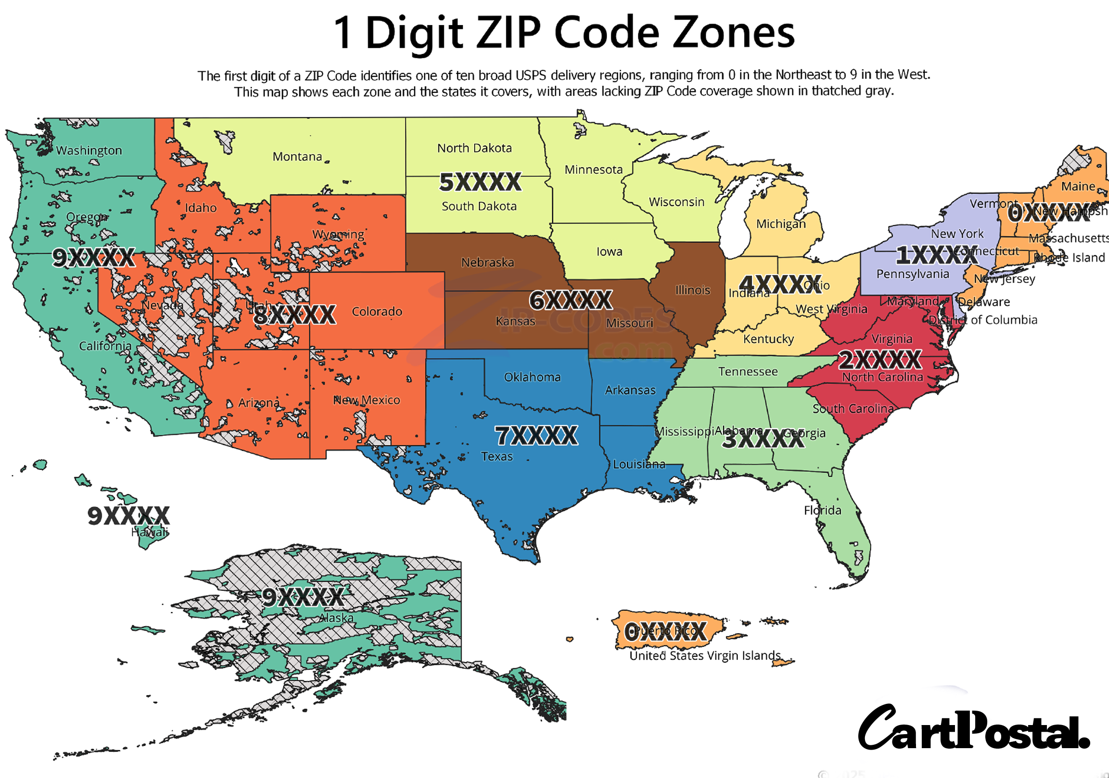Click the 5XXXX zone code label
point(480,182)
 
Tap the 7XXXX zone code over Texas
point(536,435)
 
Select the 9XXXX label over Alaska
point(303,597)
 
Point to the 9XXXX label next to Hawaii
point(129,516)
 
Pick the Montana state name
point(297,156)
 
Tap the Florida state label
point(822,510)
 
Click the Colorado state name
point(377,311)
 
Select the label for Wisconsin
point(676,202)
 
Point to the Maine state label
point(1078,186)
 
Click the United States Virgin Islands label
point(705,655)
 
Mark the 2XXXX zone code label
point(880,360)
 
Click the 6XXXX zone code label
point(570,300)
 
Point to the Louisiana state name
point(639,465)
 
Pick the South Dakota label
point(478,207)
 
